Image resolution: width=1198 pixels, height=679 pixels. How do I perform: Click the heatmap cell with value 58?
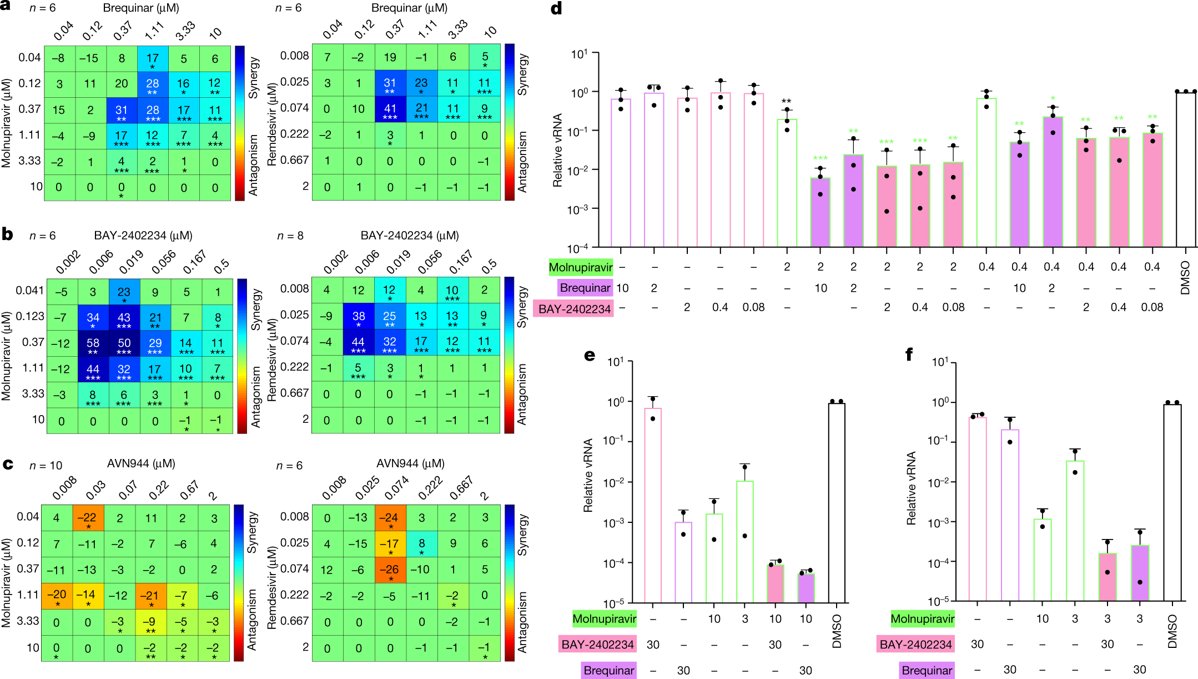coord(93,344)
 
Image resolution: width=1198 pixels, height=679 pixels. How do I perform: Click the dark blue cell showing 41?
coord(390,109)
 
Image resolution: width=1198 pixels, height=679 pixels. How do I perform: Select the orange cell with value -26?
coord(390,570)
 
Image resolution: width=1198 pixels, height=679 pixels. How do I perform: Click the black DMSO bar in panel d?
coord(1185,169)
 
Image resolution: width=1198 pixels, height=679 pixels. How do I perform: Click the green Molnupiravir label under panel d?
coord(581,267)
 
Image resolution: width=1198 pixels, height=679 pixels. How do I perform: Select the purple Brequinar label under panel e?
coord(608,670)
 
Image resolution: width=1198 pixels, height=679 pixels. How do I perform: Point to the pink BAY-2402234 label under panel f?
coord(916,645)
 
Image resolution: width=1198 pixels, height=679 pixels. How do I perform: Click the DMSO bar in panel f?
coord(1172,503)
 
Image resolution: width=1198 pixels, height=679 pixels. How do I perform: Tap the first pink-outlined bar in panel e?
coord(653,505)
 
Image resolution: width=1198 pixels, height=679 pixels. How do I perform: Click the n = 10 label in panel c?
coord(46,466)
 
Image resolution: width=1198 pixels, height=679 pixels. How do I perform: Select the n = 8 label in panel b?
coord(290,236)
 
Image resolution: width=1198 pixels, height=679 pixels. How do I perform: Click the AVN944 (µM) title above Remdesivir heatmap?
coord(410,463)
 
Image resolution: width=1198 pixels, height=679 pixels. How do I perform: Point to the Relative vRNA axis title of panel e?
coord(588,475)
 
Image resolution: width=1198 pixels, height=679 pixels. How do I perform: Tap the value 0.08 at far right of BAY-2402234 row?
coord(1152,307)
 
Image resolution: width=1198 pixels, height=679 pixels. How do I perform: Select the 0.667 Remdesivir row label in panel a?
coord(295,160)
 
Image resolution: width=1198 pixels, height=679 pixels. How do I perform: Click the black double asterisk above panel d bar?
coord(786,102)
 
